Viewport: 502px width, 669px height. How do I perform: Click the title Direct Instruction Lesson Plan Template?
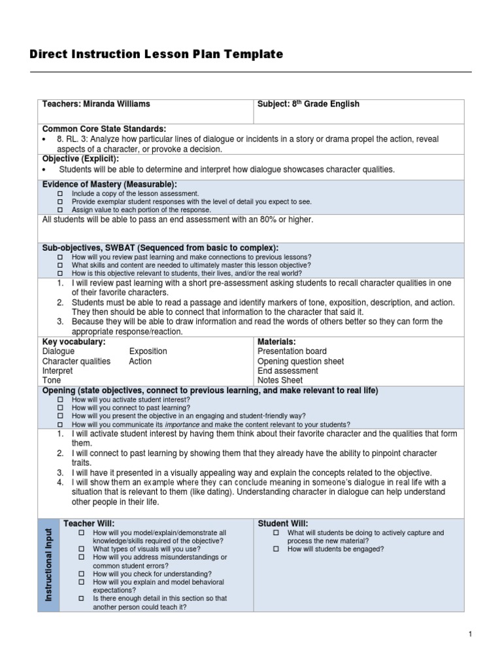click(x=156, y=54)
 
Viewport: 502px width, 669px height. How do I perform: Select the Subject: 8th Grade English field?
click(x=309, y=104)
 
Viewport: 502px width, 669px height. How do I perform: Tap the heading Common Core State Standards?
click(x=105, y=129)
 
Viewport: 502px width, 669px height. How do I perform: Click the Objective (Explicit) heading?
click(x=80, y=159)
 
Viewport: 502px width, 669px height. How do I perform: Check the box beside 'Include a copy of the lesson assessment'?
click(x=59, y=194)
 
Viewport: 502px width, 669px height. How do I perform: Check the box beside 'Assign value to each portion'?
click(x=59, y=210)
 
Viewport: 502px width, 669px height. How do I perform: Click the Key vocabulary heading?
click(x=74, y=342)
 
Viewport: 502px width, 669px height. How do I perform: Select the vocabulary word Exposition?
click(x=148, y=351)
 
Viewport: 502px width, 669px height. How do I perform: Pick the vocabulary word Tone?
click(x=52, y=380)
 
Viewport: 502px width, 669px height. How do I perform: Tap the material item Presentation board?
click(x=292, y=351)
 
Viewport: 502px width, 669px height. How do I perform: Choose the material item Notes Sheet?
click(x=280, y=380)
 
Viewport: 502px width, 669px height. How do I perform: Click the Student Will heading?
click(x=283, y=523)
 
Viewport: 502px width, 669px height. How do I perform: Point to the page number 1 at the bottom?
click(x=470, y=634)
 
